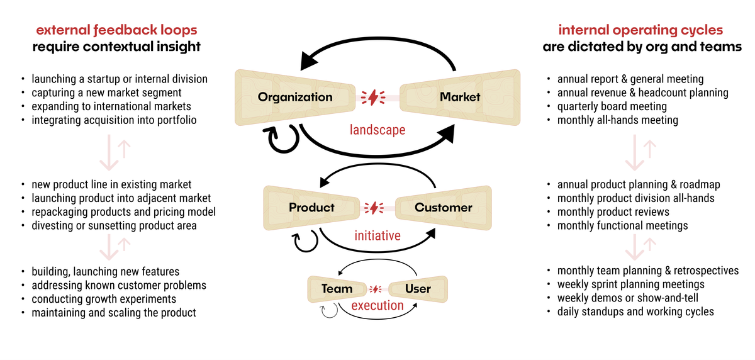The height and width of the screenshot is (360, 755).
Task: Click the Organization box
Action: click(x=295, y=97)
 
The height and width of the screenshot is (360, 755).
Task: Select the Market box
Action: click(x=460, y=97)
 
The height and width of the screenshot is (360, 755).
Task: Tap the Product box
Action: click(x=311, y=208)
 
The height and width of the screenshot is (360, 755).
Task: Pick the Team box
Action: click(x=337, y=289)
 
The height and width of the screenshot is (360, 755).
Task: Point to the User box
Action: click(x=418, y=289)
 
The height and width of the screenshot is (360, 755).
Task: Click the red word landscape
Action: click(x=377, y=130)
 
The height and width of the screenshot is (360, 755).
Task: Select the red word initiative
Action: click(x=377, y=235)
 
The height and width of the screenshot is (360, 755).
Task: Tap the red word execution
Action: click(x=377, y=305)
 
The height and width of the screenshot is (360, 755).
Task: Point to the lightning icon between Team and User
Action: click(x=376, y=290)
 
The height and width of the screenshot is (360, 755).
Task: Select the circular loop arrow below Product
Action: click(x=305, y=240)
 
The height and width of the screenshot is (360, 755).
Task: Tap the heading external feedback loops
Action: click(x=116, y=30)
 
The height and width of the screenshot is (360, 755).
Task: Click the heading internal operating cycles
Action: click(x=640, y=30)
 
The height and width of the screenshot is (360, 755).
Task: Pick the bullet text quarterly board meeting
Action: click(x=612, y=106)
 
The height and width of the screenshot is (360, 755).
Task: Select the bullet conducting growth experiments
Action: click(x=104, y=299)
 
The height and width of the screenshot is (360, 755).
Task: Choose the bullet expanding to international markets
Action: click(x=111, y=106)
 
